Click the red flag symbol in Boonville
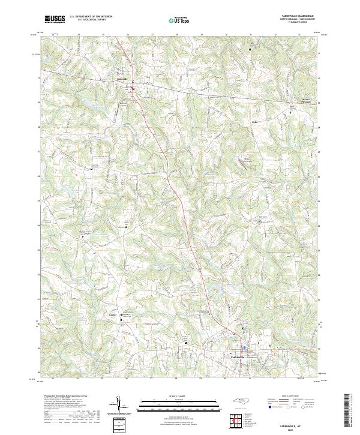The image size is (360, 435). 133,91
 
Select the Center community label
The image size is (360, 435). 113,314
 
